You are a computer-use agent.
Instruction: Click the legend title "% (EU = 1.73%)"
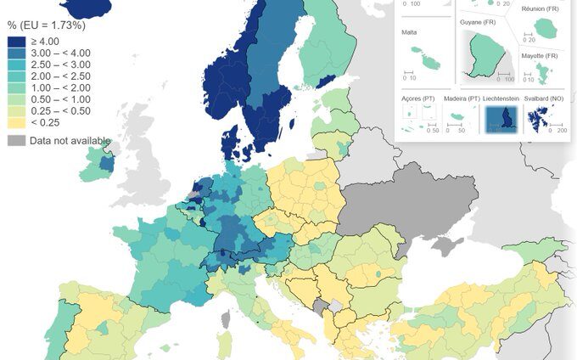tap(46, 25)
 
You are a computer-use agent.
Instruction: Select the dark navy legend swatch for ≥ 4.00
tap(16, 41)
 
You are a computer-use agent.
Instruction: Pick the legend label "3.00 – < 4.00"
tap(60, 53)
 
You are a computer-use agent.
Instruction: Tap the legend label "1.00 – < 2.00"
tap(60, 88)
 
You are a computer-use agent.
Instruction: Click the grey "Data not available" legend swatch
tap(16, 140)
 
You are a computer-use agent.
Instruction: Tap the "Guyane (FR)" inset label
tap(477, 22)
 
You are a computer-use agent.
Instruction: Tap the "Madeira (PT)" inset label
tap(462, 98)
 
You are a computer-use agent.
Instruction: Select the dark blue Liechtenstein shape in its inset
tap(507, 118)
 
